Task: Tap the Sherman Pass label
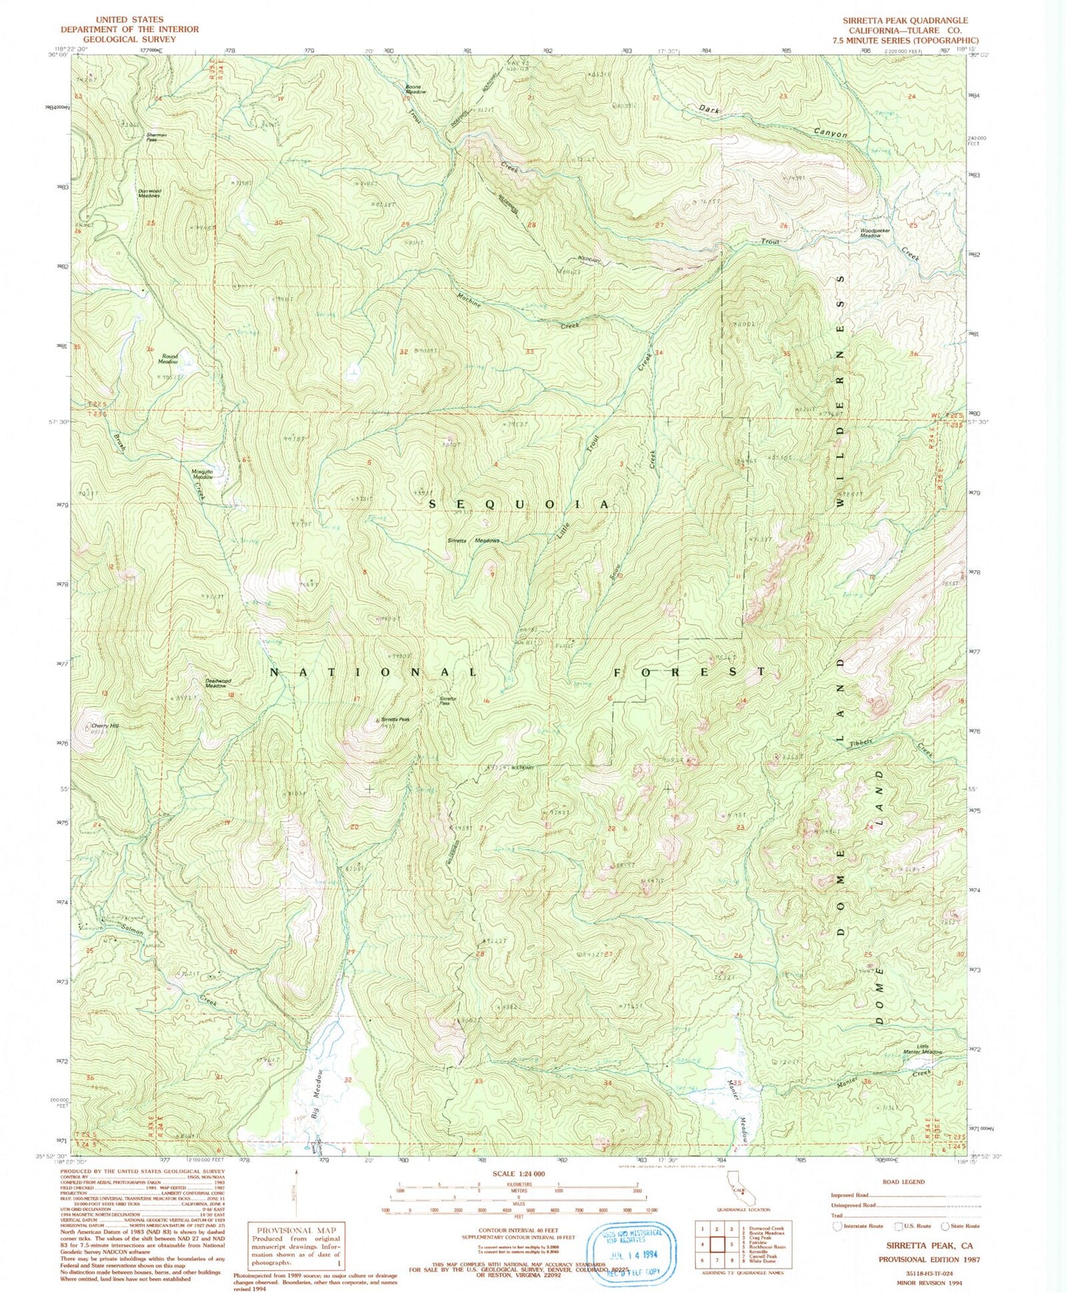157,137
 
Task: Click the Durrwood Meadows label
149,193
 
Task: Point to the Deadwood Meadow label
216,683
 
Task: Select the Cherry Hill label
104,726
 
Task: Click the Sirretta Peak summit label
394,719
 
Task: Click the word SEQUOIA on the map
520,504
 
